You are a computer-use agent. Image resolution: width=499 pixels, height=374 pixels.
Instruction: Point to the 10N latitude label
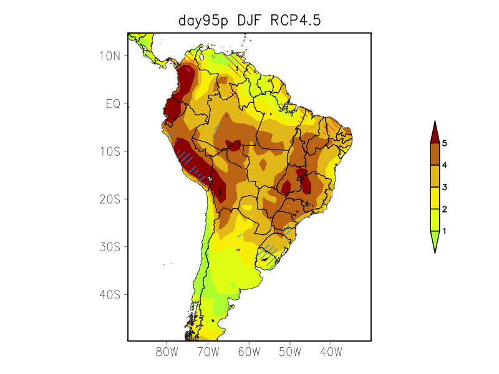coord(110,56)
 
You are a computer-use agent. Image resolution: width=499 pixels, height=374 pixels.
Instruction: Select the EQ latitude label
coord(113,103)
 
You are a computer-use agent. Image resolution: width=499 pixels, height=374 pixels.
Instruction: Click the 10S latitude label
coord(110,151)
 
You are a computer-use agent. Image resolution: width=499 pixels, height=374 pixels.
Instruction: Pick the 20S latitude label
coord(110,199)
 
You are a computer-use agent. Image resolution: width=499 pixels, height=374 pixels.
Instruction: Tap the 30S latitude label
coord(110,247)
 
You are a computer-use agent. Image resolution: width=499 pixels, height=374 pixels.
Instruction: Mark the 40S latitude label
coord(110,294)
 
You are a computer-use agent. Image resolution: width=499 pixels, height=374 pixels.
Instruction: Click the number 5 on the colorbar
coord(444,143)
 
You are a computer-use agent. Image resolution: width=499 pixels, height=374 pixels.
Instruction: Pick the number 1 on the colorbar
coord(444,231)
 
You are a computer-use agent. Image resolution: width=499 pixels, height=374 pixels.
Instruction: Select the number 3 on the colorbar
coord(444,187)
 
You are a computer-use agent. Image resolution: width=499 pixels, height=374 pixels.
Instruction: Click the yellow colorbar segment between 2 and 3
coord(435,198)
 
